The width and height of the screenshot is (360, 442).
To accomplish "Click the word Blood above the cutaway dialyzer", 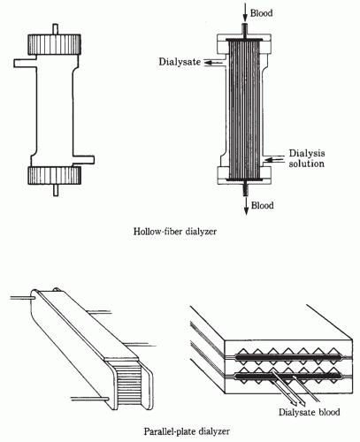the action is tap(261, 13).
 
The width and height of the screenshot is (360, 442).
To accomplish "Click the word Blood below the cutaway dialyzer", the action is tap(262, 205).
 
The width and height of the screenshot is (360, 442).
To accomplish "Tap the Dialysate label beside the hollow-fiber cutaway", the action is tap(180, 62).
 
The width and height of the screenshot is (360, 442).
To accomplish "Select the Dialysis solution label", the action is tap(307, 158).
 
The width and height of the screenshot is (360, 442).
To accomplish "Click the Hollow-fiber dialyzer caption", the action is tap(175, 232).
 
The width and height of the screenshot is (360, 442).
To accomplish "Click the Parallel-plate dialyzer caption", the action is tap(187, 431).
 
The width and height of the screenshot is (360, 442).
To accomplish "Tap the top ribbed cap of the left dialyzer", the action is tap(54, 44).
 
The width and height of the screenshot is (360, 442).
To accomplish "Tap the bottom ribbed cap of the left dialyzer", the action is tap(54, 175).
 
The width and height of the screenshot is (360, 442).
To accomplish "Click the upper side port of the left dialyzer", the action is tap(26, 63).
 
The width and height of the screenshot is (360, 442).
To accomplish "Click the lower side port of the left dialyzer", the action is tap(83, 159).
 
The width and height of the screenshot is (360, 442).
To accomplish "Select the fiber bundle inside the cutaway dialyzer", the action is tap(244, 110).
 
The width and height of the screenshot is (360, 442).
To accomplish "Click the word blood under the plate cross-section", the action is tap(329, 412).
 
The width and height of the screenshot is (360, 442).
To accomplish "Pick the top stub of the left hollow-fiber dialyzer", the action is tap(56, 29).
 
